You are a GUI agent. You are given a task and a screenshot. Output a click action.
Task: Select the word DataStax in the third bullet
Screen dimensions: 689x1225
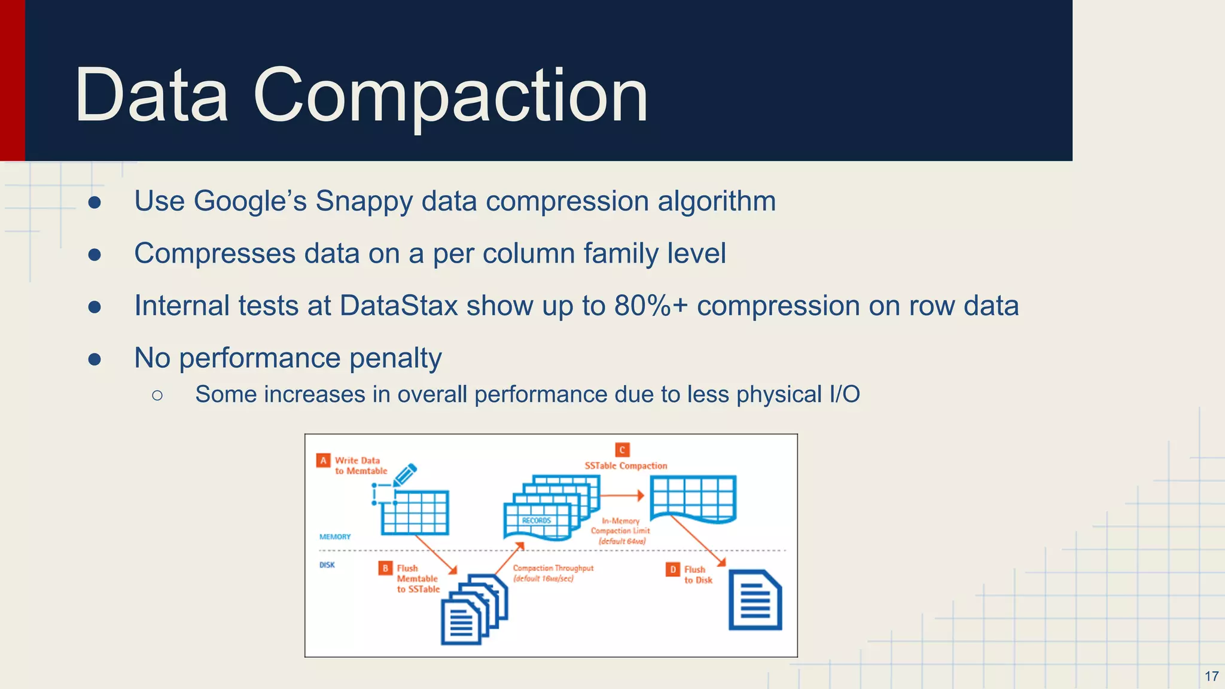pyautogui.click(x=398, y=306)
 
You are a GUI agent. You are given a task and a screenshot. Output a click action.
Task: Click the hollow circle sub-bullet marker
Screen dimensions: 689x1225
pyautogui.click(x=157, y=395)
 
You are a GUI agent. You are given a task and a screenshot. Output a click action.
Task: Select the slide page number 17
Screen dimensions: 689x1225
pyautogui.click(x=1211, y=676)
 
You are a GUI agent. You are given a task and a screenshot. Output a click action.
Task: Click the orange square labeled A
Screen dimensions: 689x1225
pyautogui.click(x=323, y=461)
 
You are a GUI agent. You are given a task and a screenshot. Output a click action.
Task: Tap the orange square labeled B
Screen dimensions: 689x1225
pyautogui.click(x=385, y=568)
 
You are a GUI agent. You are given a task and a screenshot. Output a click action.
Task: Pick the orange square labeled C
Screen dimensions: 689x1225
pyautogui.click(x=622, y=450)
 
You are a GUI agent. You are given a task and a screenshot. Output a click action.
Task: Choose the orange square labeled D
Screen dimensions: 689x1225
pyautogui.click(x=672, y=569)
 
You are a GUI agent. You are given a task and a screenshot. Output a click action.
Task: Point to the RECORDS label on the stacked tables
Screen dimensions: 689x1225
pyautogui.click(x=536, y=520)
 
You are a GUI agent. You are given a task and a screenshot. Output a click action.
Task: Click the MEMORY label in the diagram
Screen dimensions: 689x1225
pyautogui.click(x=335, y=536)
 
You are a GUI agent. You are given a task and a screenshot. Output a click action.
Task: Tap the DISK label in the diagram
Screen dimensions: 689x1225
pyautogui.click(x=327, y=565)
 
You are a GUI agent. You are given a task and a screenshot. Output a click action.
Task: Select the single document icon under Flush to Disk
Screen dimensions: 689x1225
pyautogui.click(x=755, y=600)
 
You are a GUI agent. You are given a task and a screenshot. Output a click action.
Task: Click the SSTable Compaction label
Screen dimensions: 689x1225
pyautogui.click(x=626, y=466)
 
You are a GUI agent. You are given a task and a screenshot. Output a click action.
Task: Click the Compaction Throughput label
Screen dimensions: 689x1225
pyautogui.click(x=553, y=568)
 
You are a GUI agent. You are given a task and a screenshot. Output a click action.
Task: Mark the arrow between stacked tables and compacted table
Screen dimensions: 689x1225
pyautogui.click(x=621, y=496)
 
